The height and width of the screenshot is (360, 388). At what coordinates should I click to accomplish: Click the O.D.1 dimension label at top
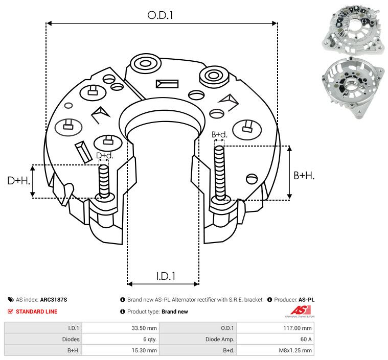point(161,15)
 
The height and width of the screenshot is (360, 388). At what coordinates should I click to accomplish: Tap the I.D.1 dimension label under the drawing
point(166,276)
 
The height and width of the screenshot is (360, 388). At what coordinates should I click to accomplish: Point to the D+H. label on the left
point(18,181)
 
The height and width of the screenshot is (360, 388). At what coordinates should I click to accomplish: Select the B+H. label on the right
point(304,175)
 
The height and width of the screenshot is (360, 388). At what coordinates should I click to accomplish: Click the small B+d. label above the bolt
point(219,135)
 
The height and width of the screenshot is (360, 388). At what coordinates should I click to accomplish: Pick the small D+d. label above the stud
point(104,155)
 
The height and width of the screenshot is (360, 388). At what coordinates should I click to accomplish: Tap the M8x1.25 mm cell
point(295,350)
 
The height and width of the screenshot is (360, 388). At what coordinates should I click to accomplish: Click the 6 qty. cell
point(149,339)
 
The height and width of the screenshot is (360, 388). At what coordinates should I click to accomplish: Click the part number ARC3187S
point(53,300)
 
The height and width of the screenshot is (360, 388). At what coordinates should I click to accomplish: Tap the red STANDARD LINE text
point(36,311)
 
